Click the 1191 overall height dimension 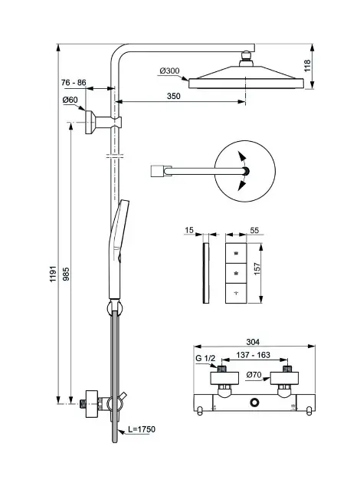[x=54, y=274]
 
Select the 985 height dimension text [x=66, y=274]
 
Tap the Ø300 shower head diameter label [x=169, y=71]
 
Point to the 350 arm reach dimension [x=174, y=96]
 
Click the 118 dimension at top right [x=307, y=66]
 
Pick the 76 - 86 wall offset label [x=74, y=83]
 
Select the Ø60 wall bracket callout [x=70, y=100]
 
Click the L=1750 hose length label [x=142, y=429]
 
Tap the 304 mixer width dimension [x=253, y=342]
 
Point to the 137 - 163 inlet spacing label [x=253, y=355]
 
